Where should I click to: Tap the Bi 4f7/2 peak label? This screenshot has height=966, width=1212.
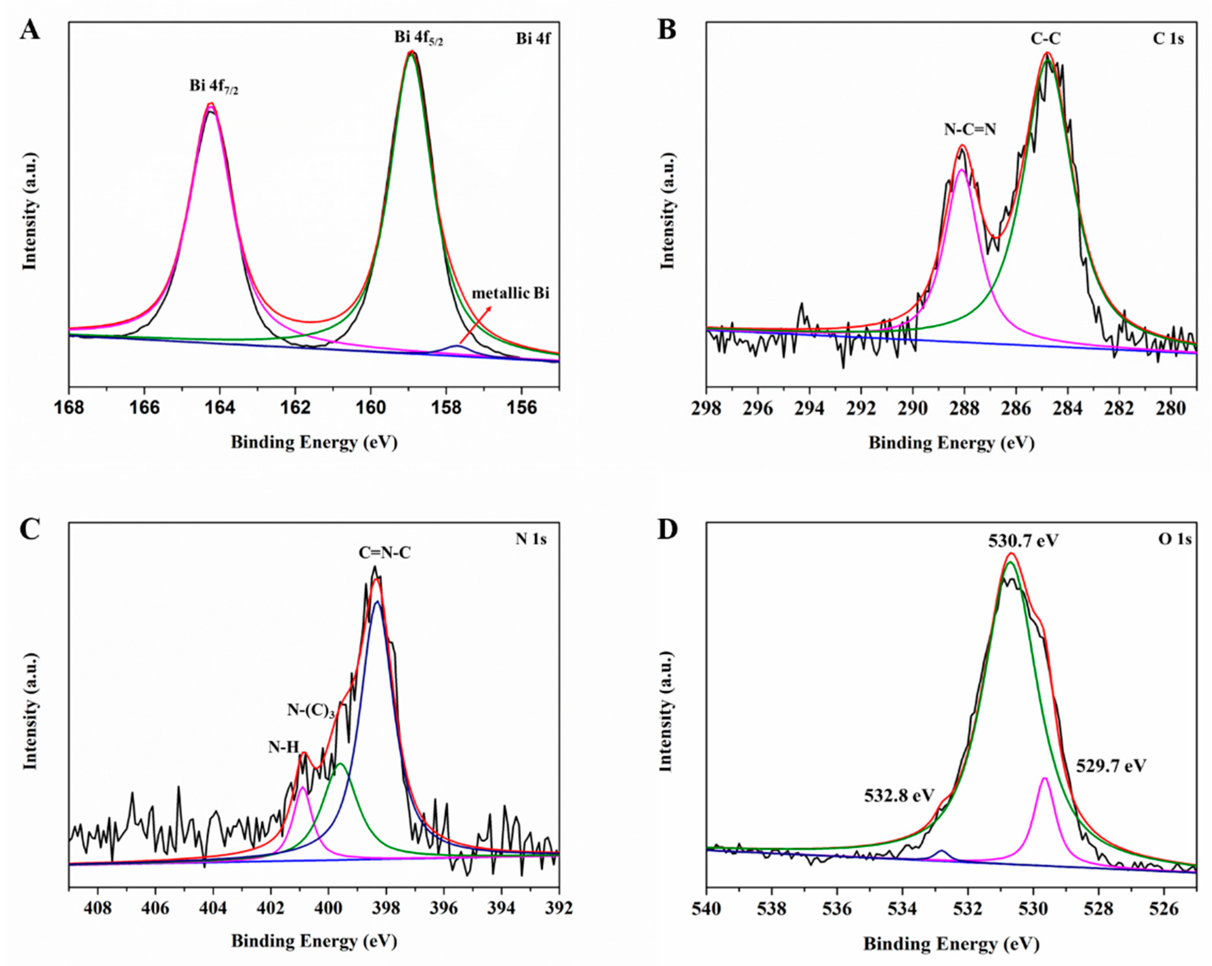coord(214,87)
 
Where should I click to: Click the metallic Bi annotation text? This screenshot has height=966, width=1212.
coord(510,293)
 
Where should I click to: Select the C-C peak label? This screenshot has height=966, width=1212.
coord(1046,38)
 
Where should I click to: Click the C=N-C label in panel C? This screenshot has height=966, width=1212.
coord(384,553)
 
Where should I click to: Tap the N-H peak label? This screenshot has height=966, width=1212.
coord(283,747)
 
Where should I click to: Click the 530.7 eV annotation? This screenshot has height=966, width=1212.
coord(1023,541)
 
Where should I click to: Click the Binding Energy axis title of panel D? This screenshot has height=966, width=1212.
coord(951,944)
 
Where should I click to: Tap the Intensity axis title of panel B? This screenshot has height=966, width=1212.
coord(667,211)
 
